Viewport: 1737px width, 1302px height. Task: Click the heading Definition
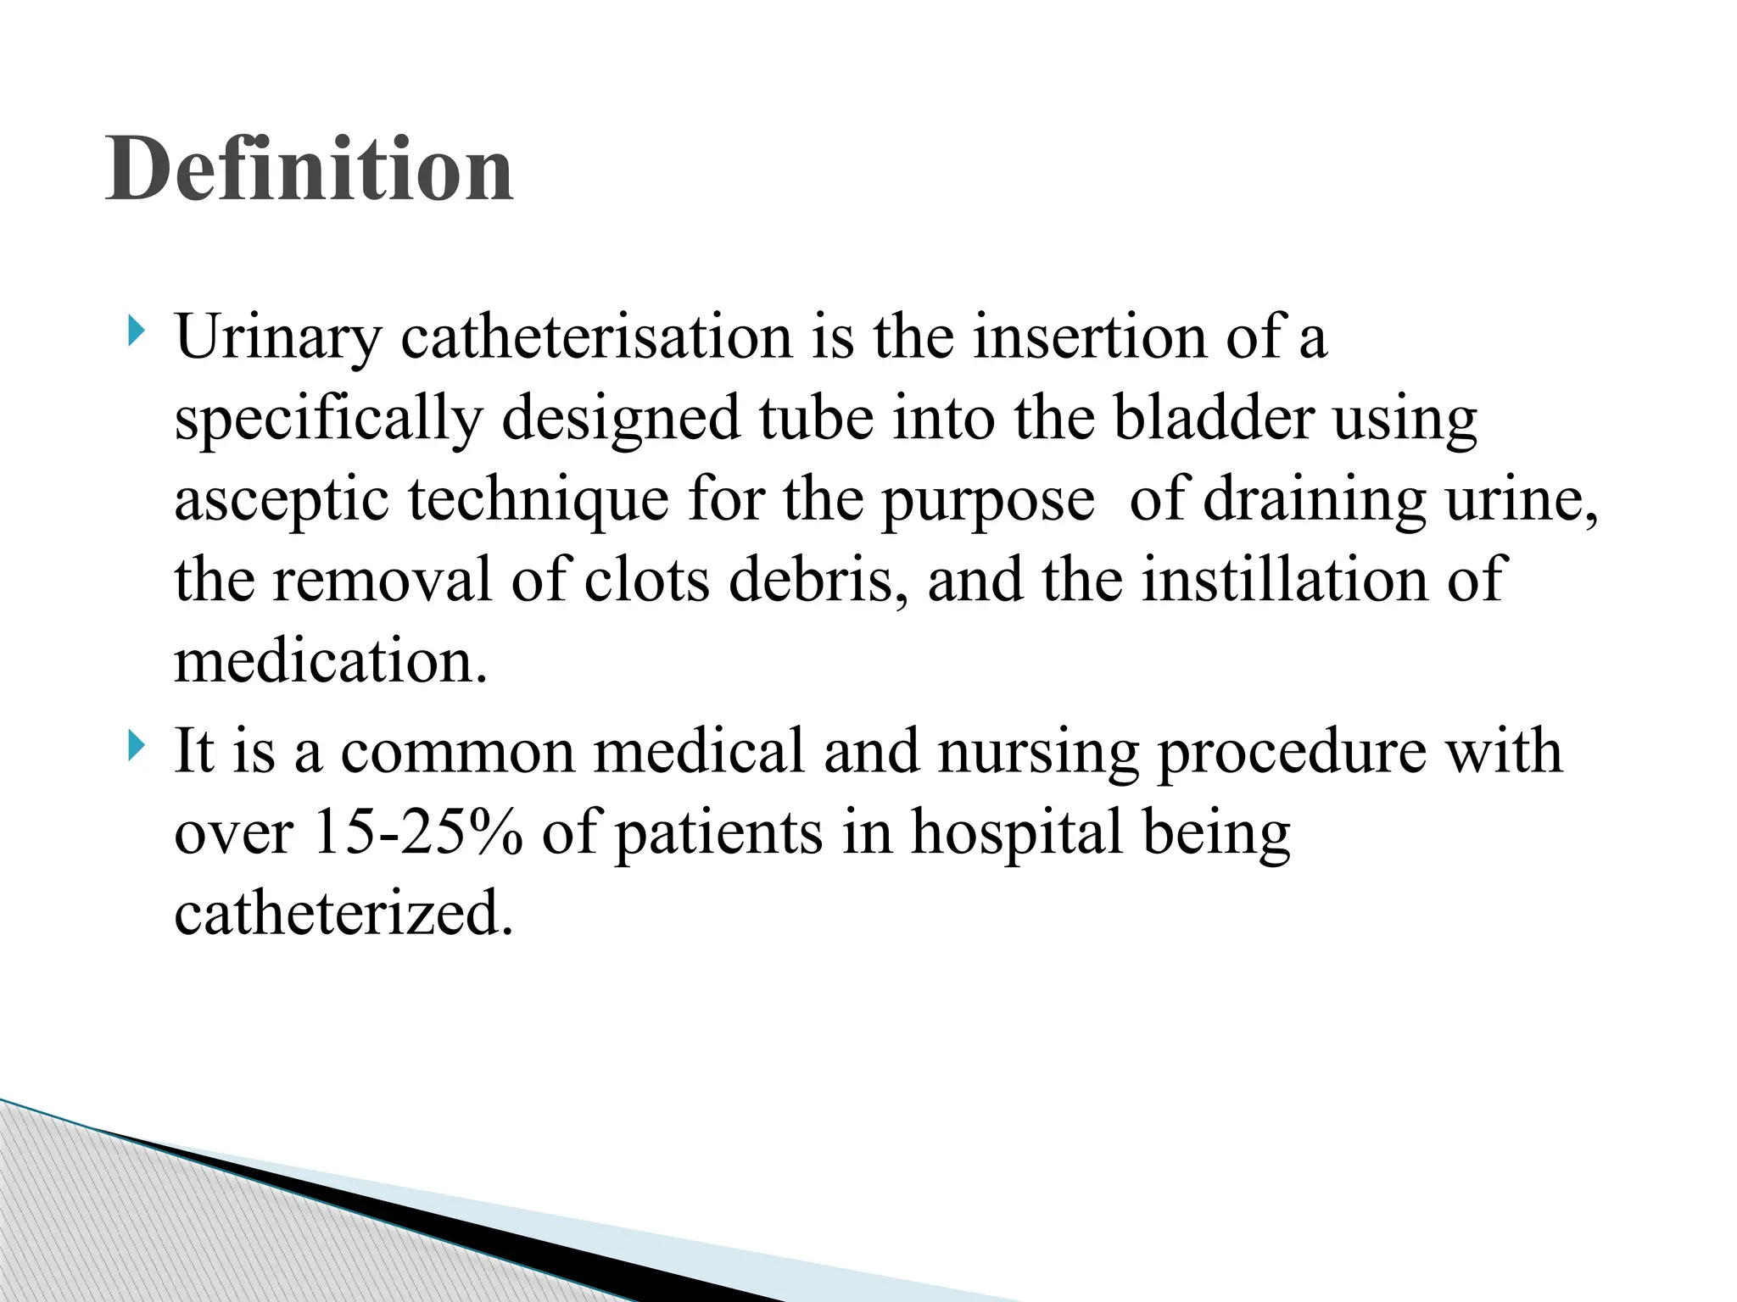[x=310, y=170]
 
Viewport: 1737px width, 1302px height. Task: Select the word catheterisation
[x=596, y=337]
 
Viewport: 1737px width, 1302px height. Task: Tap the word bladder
[x=1214, y=418]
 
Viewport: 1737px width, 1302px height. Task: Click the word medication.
[x=332, y=661]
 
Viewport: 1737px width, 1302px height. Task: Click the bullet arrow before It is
[x=135, y=747]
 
